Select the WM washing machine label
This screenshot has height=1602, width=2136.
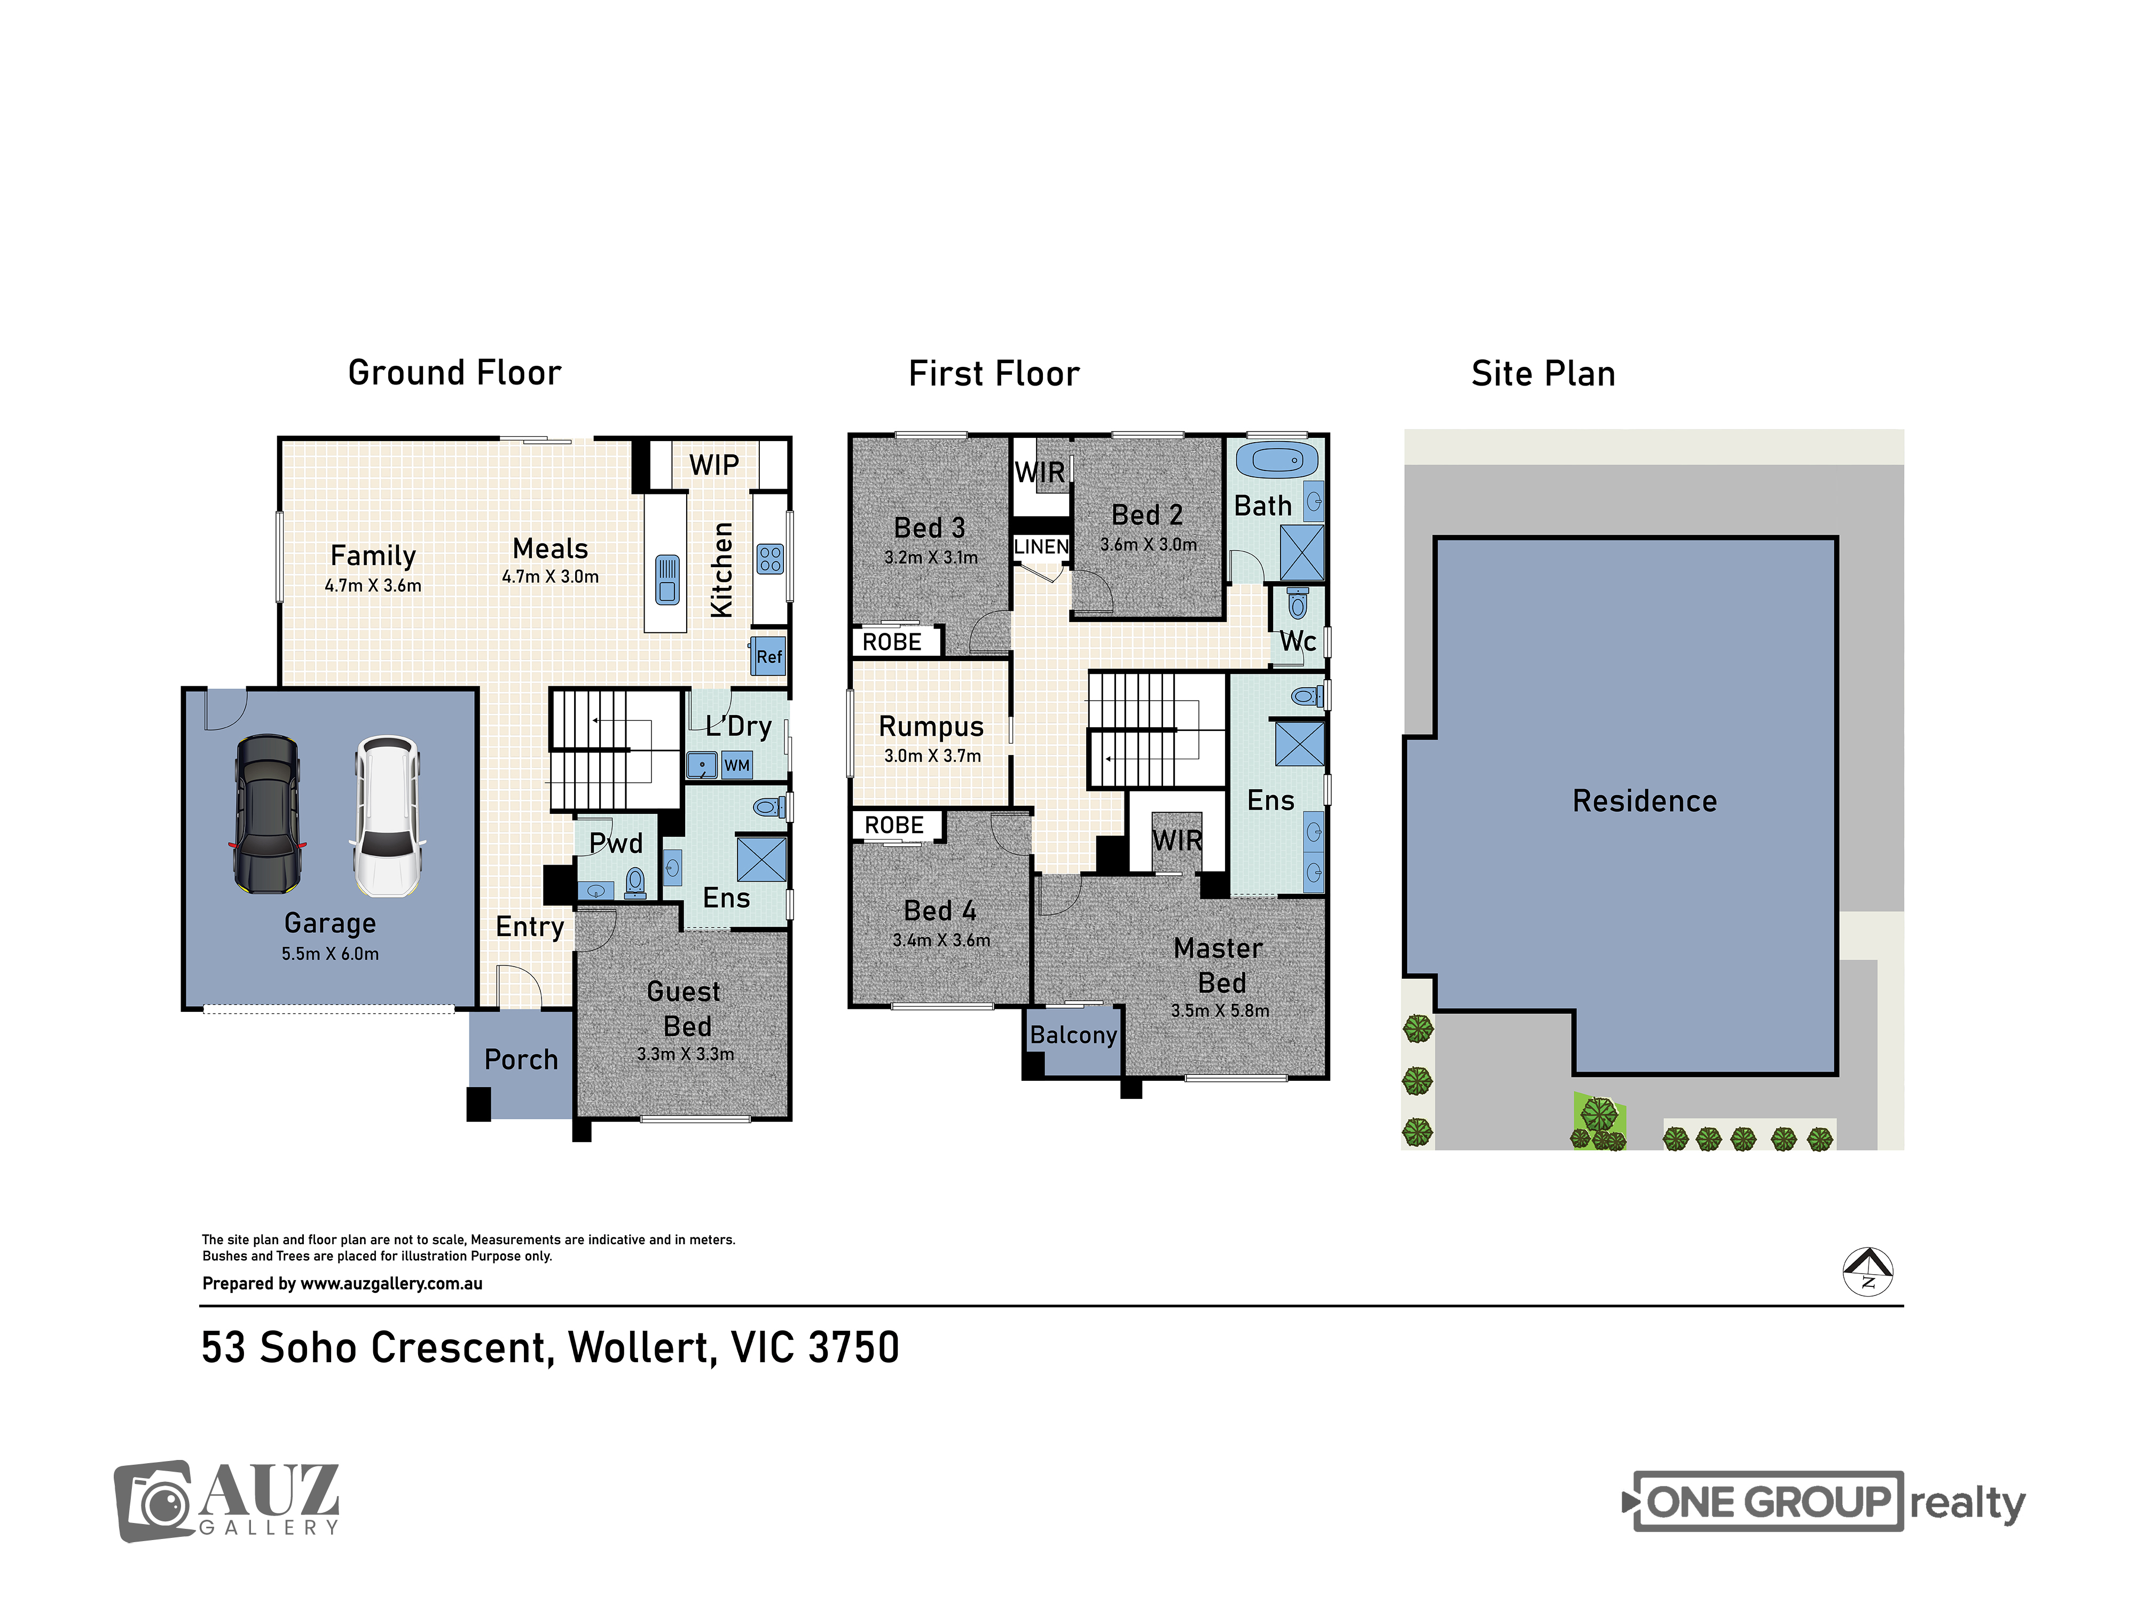tap(737, 765)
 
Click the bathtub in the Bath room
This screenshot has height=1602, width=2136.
tap(1277, 460)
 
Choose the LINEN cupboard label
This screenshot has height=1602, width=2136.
tap(1041, 547)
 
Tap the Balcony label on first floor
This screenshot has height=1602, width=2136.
tap(1073, 1035)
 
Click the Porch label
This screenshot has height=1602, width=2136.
tap(521, 1059)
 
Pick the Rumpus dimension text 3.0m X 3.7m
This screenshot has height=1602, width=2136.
tap(932, 756)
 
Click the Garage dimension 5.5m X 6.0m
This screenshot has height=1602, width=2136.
tap(329, 954)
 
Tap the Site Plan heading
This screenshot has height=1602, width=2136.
tap(1543, 374)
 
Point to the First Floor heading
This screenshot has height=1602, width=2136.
tap(994, 374)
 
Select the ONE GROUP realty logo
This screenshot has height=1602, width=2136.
tap(1823, 1502)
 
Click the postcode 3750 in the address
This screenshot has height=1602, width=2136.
tap(854, 1348)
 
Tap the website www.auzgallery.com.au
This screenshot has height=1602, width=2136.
tap(391, 1283)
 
